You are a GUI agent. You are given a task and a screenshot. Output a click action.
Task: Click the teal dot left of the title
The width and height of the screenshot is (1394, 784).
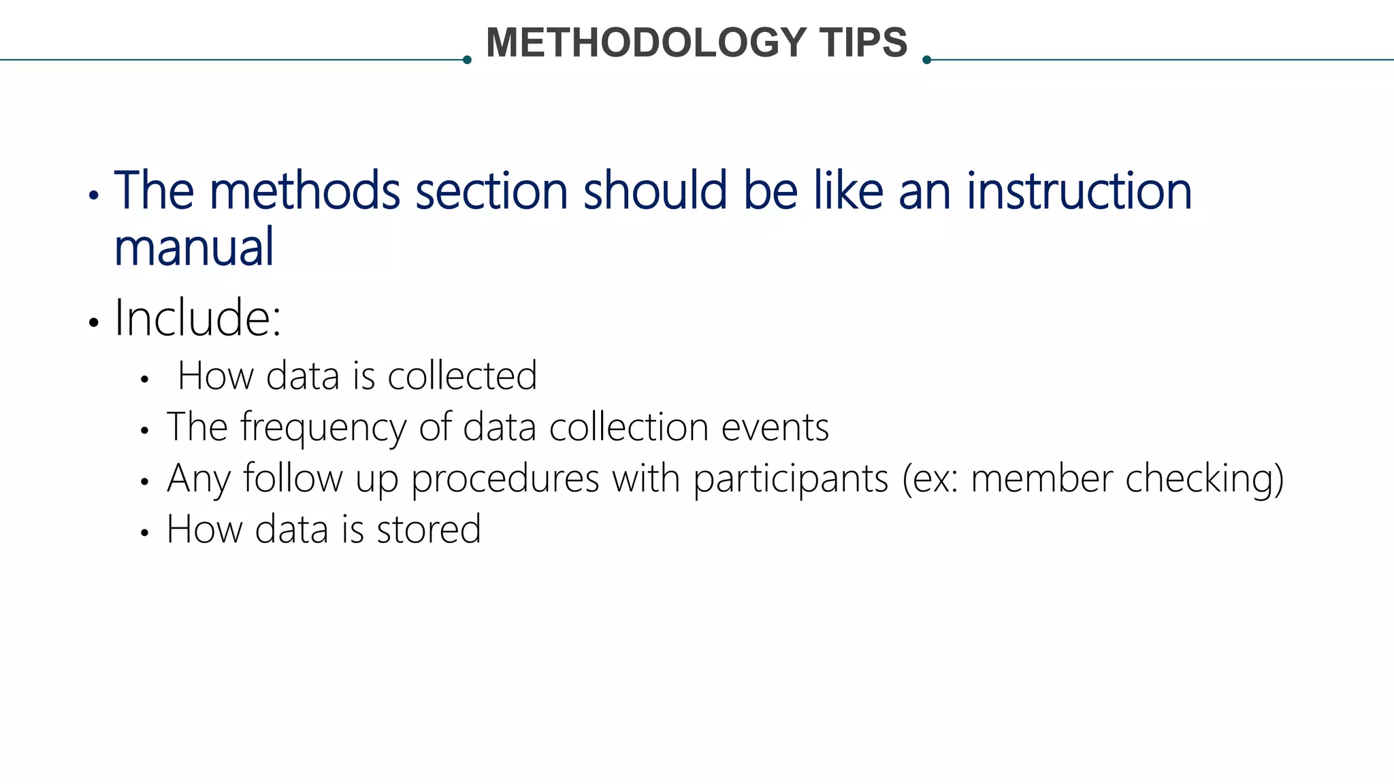[467, 60]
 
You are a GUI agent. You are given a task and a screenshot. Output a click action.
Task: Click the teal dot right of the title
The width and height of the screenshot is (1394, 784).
[926, 60]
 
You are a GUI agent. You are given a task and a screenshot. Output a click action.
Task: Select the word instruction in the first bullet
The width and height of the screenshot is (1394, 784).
[1079, 191]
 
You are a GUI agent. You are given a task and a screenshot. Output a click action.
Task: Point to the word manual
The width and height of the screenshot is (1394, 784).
[194, 247]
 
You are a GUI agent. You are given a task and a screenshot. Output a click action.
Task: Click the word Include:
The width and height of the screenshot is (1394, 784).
[197, 318]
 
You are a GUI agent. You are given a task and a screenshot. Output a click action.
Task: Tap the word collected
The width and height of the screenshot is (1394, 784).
[462, 376]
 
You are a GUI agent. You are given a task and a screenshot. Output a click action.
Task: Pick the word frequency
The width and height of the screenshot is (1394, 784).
[323, 428]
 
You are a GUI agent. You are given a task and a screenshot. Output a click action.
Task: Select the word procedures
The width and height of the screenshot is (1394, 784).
[505, 479]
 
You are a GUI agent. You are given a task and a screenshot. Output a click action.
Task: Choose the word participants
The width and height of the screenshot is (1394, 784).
[791, 479]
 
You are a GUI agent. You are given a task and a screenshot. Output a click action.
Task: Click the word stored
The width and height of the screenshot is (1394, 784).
[429, 529]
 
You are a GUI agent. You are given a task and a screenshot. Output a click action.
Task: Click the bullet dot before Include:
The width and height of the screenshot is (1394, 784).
[94, 322]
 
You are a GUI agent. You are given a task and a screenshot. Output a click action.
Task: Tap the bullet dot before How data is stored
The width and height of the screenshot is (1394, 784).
[144, 533]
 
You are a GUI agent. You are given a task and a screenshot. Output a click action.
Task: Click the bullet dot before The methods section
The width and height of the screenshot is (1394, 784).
[94, 197]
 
